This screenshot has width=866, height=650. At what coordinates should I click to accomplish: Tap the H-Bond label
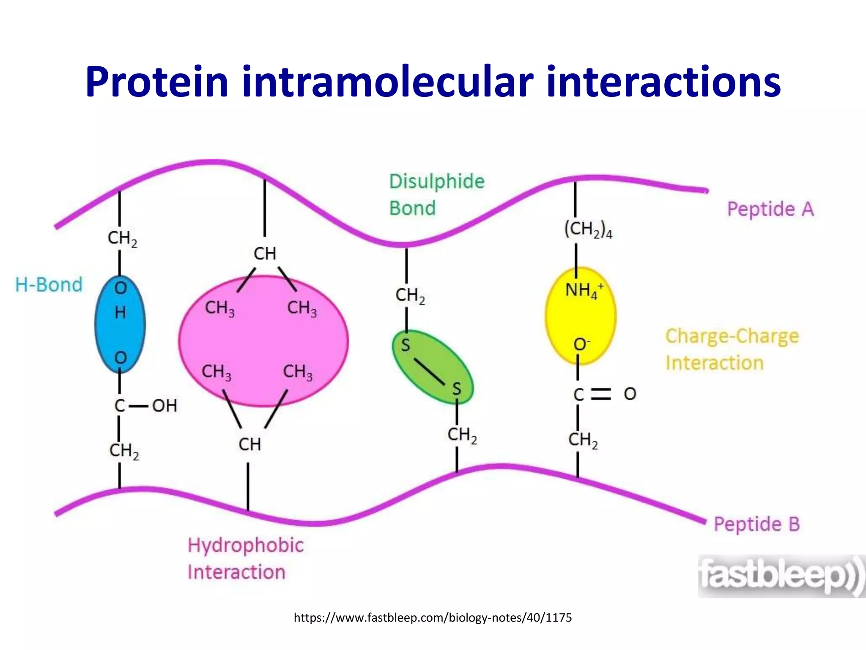[x=49, y=285]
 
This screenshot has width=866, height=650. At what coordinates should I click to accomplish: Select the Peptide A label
[x=770, y=209]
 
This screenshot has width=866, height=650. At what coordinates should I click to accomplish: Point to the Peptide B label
[x=756, y=524]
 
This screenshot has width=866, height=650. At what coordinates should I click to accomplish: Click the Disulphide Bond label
[x=436, y=195]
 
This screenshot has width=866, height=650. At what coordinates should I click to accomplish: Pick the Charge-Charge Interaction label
[x=732, y=350]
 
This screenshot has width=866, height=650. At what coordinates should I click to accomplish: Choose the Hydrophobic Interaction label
[x=245, y=559]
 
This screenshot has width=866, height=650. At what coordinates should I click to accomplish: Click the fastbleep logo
[x=780, y=576]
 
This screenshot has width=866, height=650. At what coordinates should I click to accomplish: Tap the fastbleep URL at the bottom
[x=433, y=618]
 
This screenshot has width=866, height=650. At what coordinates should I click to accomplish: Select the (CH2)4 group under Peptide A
[x=588, y=229]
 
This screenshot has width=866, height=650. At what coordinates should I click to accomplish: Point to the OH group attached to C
[x=164, y=406]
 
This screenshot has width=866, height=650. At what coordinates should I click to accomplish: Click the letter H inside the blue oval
[x=120, y=313]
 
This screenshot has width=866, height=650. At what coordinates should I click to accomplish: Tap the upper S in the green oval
[x=406, y=345]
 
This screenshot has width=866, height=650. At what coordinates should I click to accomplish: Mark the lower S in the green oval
[x=456, y=388]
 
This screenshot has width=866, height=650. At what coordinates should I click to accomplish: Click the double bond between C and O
[x=601, y=394]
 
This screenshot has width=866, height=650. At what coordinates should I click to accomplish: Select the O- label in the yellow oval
[x=581, y=344]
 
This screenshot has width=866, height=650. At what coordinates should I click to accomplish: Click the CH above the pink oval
[x=265, y=254]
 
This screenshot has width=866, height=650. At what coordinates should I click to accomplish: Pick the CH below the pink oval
[x=249, y=445]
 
